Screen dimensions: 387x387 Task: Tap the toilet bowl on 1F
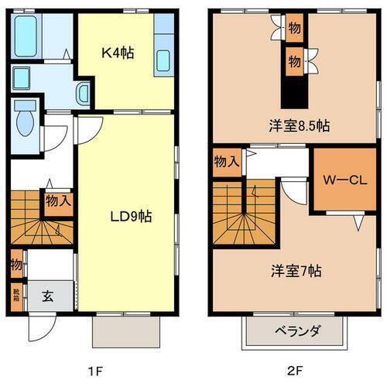[25, 120]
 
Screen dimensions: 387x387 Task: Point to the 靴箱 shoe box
[16, 294]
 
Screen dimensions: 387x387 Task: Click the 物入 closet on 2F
[226, 163]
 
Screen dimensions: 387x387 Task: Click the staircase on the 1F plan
[39, 221]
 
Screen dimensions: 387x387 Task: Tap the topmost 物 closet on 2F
[294, 29]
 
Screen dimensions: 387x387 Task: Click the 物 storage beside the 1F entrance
[16, 265]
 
